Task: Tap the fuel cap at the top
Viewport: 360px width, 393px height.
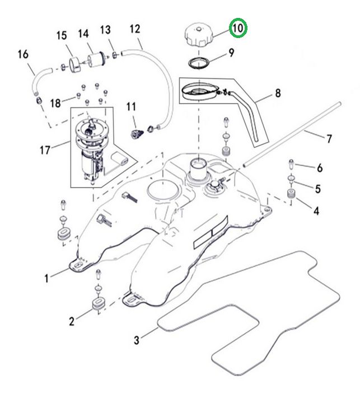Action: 198,35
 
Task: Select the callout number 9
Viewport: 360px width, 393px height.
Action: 231,54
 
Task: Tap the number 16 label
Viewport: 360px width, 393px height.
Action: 23,54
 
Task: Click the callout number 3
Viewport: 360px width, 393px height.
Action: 137,339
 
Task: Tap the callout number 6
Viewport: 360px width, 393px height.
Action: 320,167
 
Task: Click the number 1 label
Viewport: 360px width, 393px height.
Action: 48,276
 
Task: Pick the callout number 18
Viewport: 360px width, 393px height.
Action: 55,103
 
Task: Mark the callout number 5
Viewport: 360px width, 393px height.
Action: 317,189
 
